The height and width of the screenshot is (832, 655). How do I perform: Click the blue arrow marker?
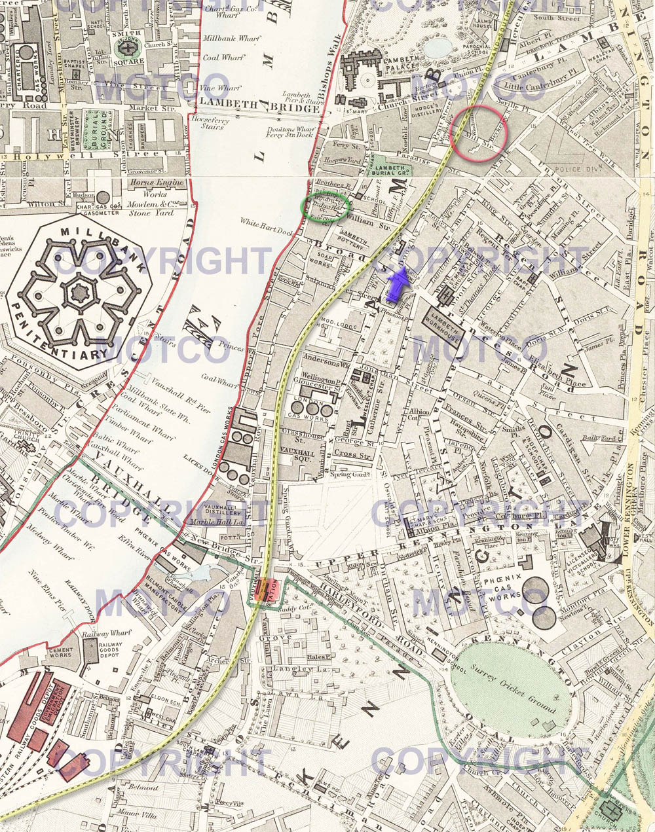(x=397, y=284)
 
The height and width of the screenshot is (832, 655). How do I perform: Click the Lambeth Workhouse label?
(x=442, y=319)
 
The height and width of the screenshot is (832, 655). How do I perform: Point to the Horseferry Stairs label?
(x=208, y=122)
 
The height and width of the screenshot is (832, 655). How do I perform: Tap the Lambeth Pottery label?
(x=354, y=237)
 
